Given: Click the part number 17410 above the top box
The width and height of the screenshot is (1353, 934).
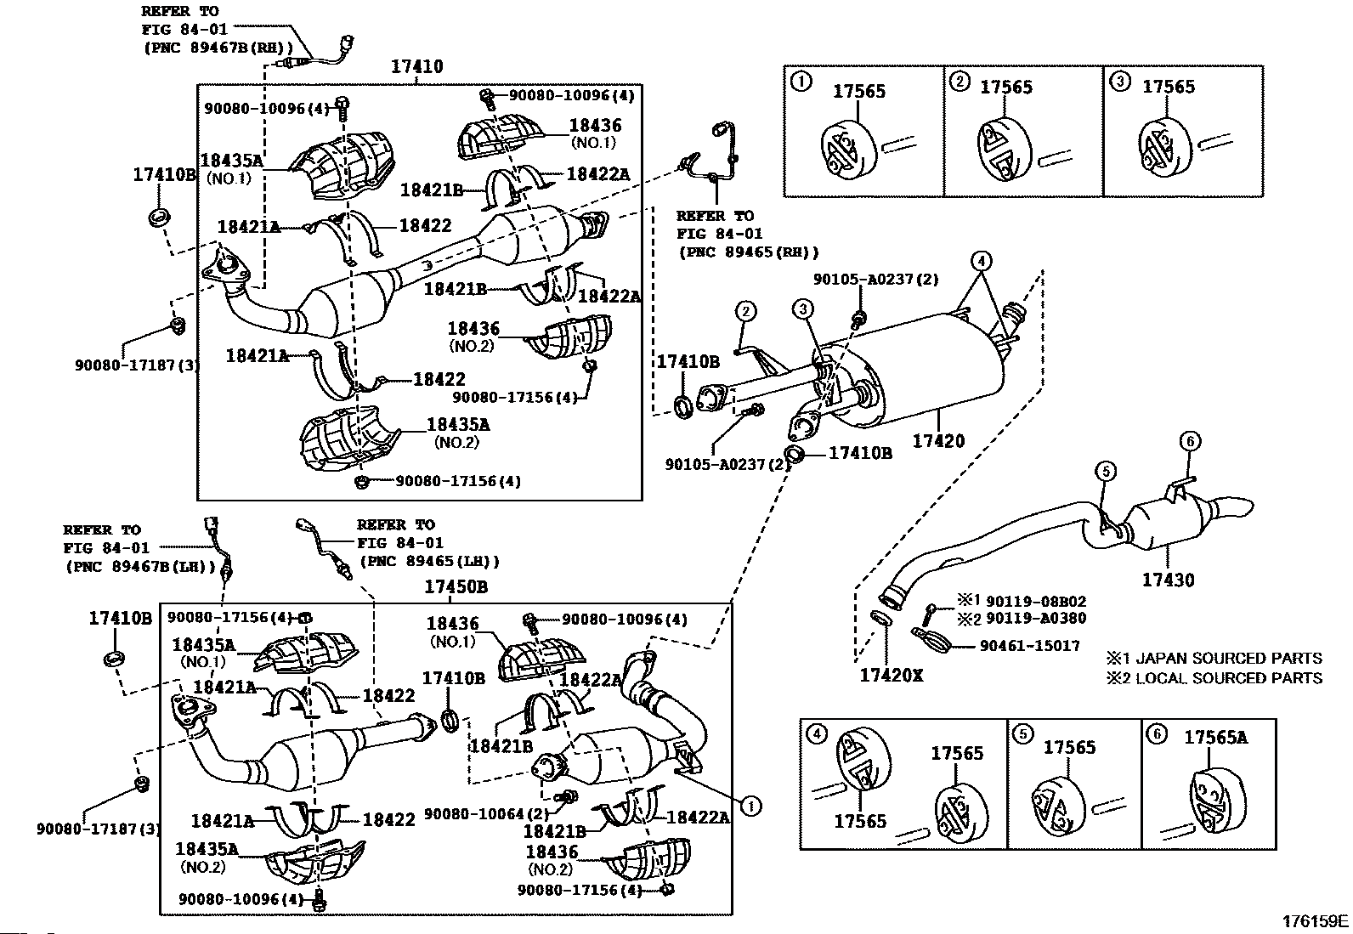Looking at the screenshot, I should (416, 66).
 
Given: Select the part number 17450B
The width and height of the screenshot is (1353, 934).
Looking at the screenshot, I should (456, 587).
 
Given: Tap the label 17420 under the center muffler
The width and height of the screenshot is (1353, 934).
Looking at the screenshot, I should (938, 441).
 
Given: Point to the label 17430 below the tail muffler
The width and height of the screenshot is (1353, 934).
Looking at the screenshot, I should (1168, 580).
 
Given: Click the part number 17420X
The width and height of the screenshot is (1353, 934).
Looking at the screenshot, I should (891, 676).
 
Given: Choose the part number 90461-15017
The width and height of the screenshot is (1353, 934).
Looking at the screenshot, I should (1029, 646).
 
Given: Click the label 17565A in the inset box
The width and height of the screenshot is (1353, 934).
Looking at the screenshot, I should (1215, 738).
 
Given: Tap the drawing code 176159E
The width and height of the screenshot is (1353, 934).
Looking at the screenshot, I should (1316, 920).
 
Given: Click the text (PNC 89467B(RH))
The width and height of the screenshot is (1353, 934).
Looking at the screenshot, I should (218, 47).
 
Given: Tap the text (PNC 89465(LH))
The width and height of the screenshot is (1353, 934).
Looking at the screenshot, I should (429, 561).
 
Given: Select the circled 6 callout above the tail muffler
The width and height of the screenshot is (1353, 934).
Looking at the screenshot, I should (1190, 440).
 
